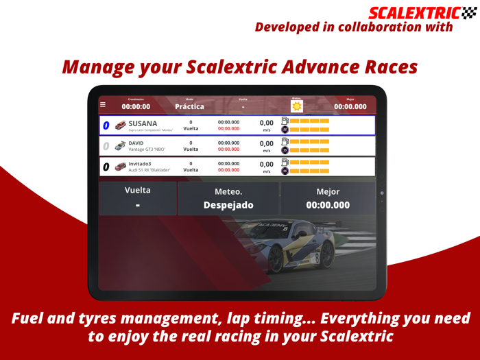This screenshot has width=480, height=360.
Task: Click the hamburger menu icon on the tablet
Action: [103, 105]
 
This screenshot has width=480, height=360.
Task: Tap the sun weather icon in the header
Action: [296, 106]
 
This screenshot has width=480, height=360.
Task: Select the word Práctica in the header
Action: [189, 106]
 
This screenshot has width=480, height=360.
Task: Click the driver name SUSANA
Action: [143, 124]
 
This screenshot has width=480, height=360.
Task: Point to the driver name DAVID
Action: [136, 143]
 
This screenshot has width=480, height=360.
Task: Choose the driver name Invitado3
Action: [140, 163]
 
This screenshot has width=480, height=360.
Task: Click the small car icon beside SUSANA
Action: [120, 126]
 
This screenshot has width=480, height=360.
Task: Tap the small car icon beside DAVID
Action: [120, 146]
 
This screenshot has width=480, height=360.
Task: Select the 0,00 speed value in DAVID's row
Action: [267, 143]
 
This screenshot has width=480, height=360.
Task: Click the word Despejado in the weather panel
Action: [228, 205]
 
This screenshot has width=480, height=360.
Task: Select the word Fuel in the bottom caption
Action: [34, 320]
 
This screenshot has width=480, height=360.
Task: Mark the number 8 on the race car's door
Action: [317, 258]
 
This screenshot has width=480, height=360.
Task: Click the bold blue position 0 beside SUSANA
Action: [106, 126]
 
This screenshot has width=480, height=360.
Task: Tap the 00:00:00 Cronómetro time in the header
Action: [136, 107]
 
